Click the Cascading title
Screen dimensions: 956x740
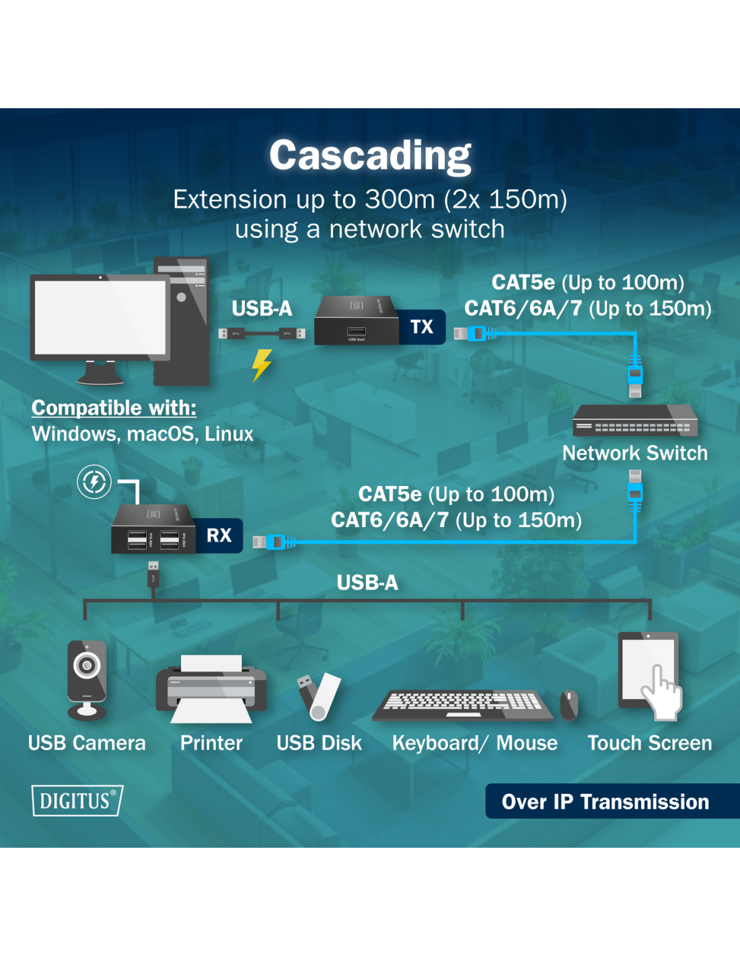[x=370, y=155]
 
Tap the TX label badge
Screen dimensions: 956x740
[x=422, y=327]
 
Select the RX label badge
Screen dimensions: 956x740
[x=219, y=535]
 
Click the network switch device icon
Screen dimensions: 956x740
[x=634, y=420]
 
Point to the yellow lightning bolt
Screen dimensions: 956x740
[x=262, y=365]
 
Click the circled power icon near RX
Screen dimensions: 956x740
[x=94, y=481]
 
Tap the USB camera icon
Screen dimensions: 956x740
[x=87, y=680]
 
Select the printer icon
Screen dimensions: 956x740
[x=211, y=689]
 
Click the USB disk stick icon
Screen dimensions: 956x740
[x=319, y=696]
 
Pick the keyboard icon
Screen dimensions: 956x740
[x=464, y=704]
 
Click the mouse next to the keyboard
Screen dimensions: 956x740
[x=569, y=705]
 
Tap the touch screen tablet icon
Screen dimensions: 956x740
[x=649, y=672]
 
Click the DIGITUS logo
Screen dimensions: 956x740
[x=77, y=801]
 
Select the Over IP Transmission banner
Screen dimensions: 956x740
[x=605, y=801]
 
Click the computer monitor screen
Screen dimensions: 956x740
[x=100, y=317]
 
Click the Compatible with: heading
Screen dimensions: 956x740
[x=114, y=407]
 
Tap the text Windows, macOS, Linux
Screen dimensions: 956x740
[x=143, y=434]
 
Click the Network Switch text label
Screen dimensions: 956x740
[x=634, y=453]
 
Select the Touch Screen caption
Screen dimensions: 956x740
[x=649, y=743]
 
